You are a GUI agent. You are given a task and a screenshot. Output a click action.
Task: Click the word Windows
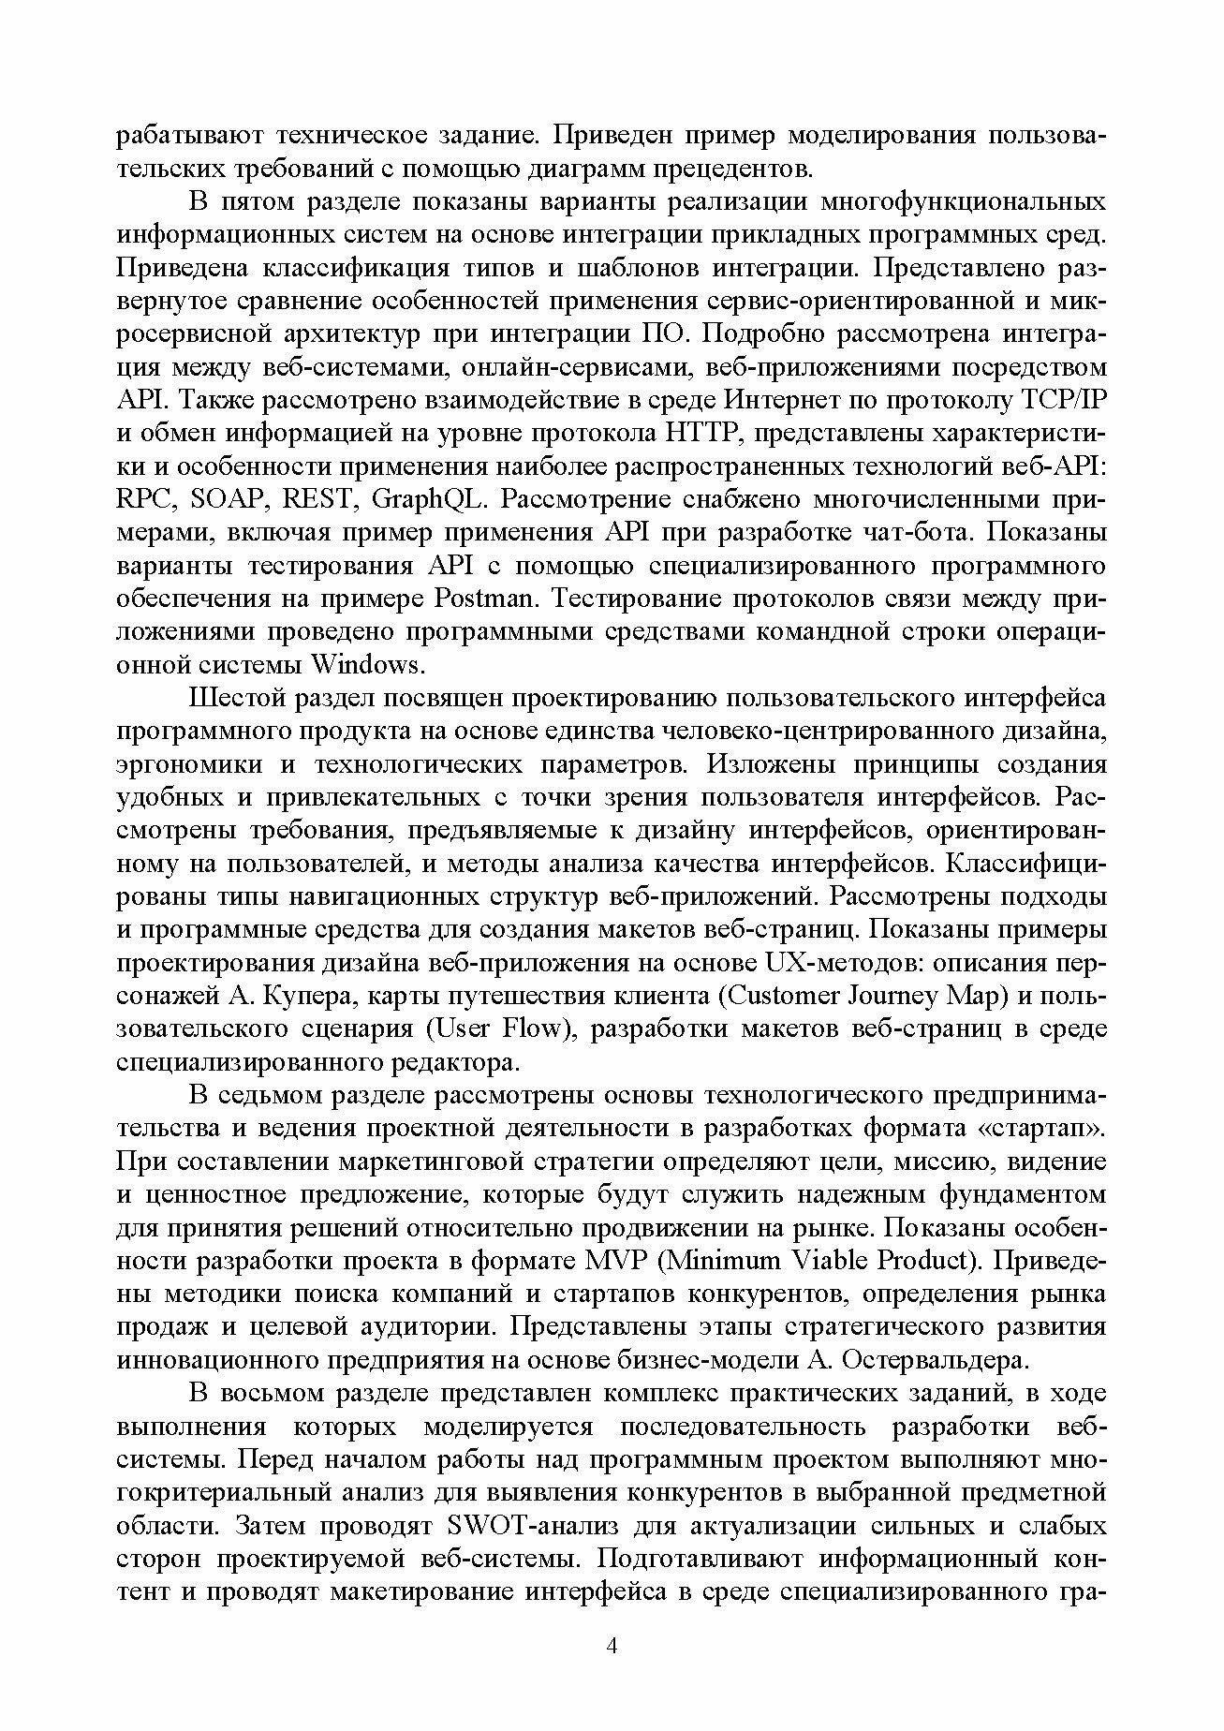click(367, 665)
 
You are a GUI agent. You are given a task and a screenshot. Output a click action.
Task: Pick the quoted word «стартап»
click(1041, 1128)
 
